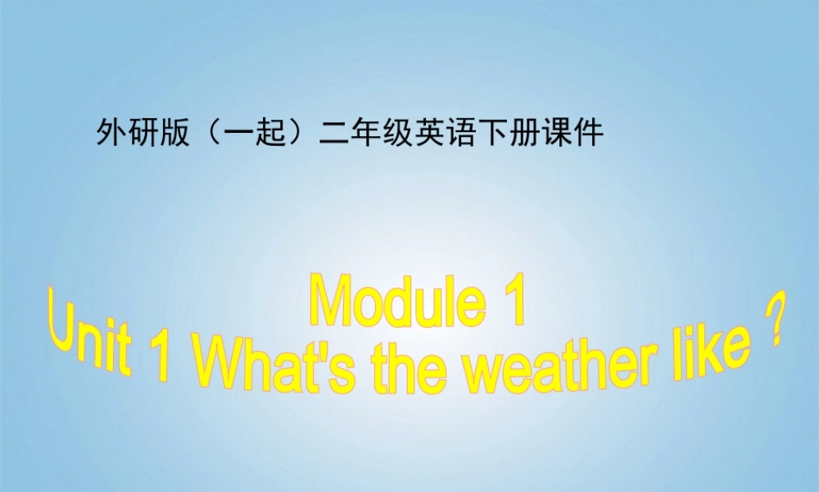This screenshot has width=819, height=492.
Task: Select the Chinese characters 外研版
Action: (x=138, y=132)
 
